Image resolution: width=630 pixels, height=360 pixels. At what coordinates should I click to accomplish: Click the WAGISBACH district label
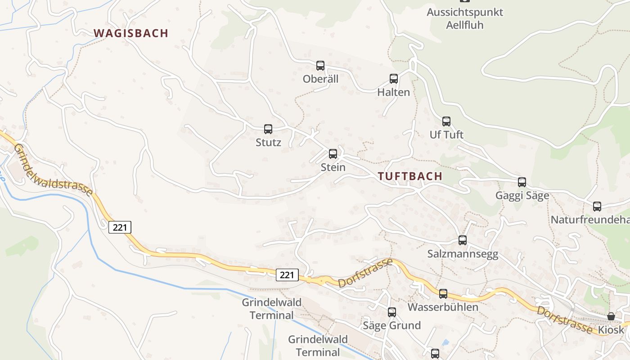click(x=130, y=33)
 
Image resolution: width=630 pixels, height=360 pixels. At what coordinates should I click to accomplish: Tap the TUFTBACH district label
click(x=410, y=176)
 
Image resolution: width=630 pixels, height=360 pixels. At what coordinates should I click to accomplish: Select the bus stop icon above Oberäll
click(x=320, y=66)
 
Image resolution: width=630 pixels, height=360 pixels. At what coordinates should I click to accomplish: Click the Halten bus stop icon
click(x=394, y=79)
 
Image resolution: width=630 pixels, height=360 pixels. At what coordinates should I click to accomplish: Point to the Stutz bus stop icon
click(x=268, y=129)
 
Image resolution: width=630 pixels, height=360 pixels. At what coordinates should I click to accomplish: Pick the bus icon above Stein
click(x=333, y=154)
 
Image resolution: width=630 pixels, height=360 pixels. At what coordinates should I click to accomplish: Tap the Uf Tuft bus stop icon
click(x=446, y=121)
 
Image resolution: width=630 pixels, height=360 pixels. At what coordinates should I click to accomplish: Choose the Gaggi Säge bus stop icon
click(x=522, y=182)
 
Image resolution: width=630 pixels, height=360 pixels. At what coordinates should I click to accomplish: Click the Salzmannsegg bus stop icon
click(x=463, y=240)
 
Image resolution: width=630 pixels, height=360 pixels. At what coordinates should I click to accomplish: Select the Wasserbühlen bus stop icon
click(x=443, y=294)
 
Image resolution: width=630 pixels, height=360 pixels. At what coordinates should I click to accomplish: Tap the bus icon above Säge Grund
click(x=392, y=312)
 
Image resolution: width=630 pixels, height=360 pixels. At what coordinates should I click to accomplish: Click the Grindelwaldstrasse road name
click(x=53, y=170)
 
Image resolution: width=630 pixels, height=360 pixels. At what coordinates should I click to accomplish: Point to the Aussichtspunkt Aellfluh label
click(x=465, y=18)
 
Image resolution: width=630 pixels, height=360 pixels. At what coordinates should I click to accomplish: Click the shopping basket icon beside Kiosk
click(x=611, y=316)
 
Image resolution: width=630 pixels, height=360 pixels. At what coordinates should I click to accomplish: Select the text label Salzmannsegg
click(x=463, y=254)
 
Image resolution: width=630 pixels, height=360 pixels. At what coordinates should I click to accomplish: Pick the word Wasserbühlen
click(x=443, y=307)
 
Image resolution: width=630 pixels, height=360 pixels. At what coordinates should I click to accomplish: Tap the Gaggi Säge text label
click(x=522, y=196)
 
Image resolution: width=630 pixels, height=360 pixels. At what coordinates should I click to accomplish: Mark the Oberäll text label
click(x=320, y=79)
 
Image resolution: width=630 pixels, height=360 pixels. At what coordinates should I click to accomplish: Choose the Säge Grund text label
click(x=392, y=325)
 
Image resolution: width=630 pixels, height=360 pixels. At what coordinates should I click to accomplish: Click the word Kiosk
click(x=611, y=330)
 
